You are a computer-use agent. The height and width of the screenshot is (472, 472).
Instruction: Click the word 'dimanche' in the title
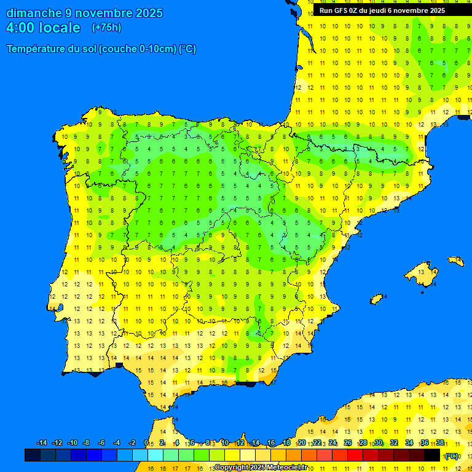34,13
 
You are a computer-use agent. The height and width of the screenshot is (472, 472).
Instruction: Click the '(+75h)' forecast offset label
106,28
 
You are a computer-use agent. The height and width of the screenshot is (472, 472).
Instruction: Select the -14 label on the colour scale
42,443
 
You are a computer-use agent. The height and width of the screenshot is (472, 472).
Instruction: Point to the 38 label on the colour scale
440,443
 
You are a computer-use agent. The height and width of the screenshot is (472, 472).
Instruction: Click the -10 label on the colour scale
73,443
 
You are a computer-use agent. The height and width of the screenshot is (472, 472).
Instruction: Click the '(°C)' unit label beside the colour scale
452,455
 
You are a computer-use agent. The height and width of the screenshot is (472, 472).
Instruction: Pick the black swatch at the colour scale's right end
432,455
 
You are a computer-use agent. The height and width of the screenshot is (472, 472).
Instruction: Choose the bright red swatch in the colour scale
355,455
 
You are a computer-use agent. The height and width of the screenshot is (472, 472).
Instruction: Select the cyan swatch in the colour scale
155,455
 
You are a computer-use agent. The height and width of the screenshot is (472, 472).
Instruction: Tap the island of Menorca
455,261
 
